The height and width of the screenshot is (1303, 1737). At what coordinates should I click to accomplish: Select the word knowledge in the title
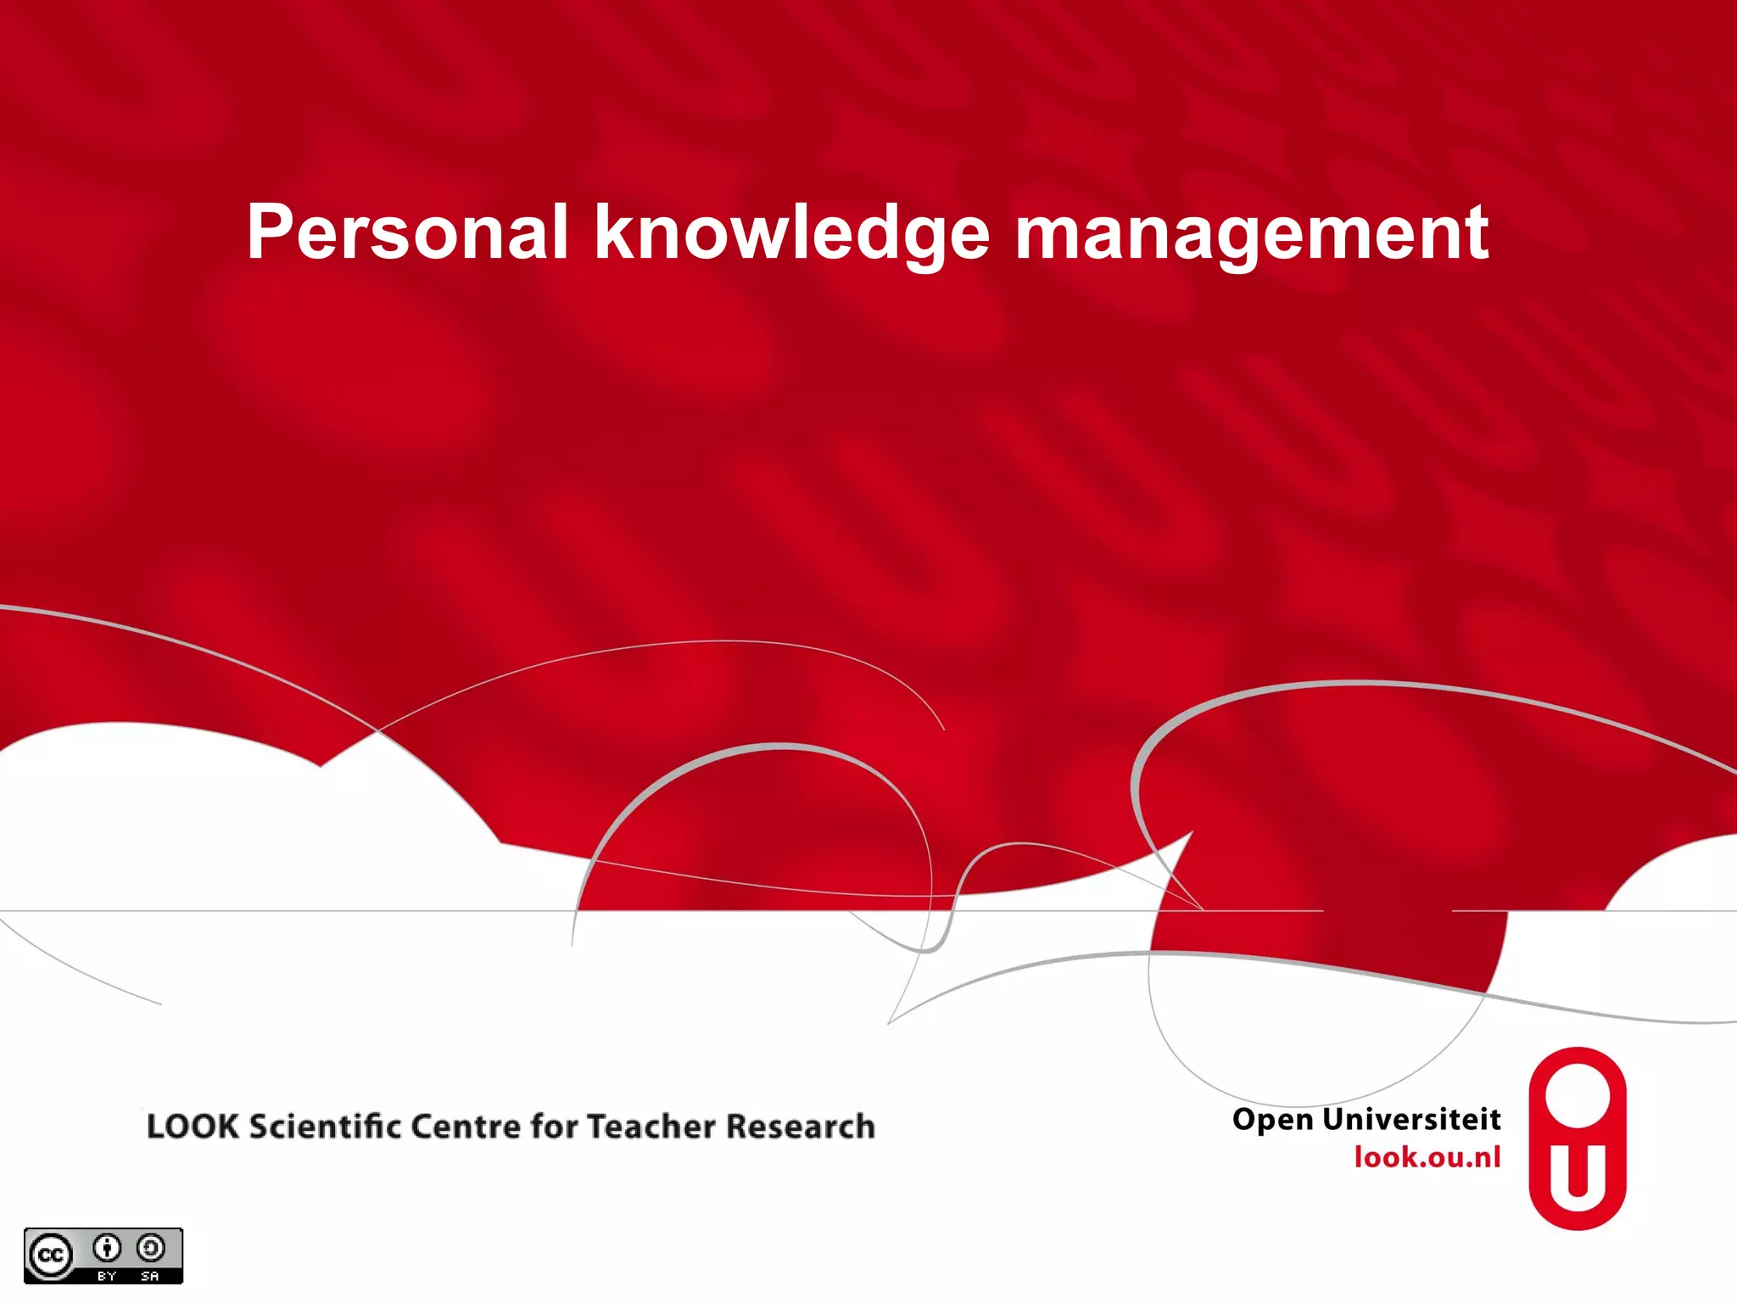point(791,233)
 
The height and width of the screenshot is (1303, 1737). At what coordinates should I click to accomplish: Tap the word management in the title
point(1252,233)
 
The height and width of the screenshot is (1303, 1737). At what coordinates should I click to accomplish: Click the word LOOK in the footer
point(193,1127)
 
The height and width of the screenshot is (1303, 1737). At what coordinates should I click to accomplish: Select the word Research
point(801,1127)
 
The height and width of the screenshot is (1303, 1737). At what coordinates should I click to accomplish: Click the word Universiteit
point(1412,1119)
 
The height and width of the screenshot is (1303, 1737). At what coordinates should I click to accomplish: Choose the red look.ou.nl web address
point(1427,1157)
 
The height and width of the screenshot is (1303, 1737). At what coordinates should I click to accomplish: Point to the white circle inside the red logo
point(1578,1095)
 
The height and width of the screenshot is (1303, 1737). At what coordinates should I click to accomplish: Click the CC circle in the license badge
point(51,1255)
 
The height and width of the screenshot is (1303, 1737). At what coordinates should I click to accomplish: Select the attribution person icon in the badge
point(107,1248)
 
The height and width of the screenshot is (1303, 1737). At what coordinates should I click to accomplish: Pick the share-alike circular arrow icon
point(151,1248)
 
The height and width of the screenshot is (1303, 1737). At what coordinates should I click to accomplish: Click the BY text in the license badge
point(107,1276)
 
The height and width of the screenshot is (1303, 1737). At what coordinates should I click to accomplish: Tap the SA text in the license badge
point(150,1276)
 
